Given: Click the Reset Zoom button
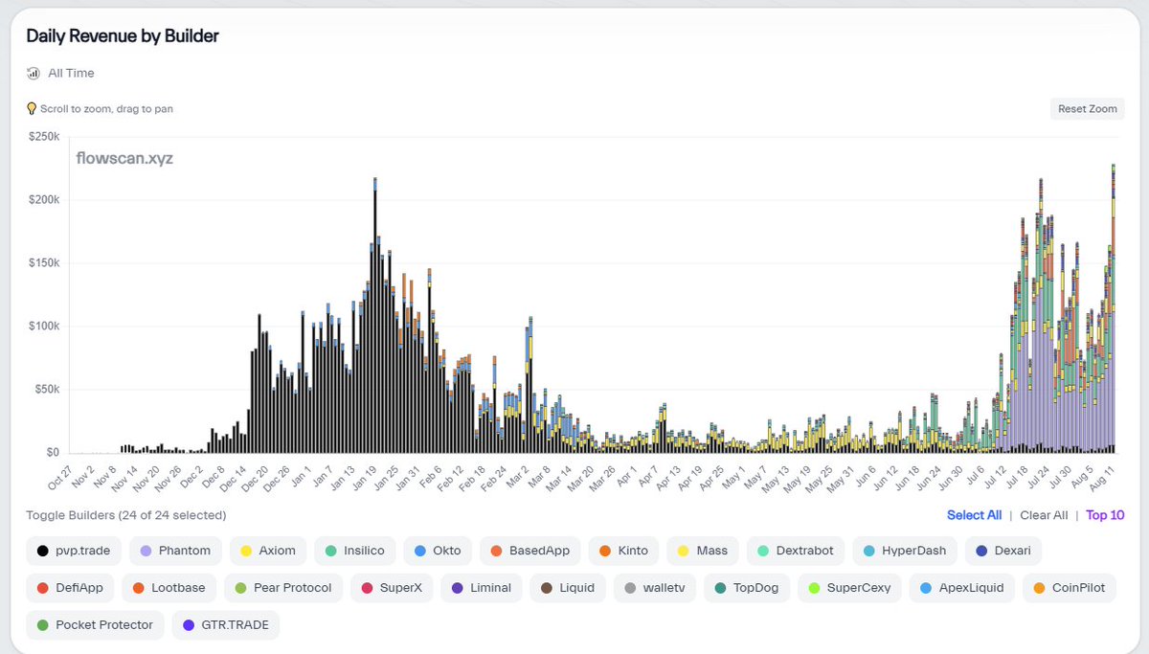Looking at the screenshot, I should click(x=1087, y=109).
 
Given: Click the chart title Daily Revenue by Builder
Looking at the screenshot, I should click(x=123, y=36).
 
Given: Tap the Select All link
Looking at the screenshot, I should click(x=974, y=515).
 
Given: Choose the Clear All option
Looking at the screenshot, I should click(x=1044, y=515).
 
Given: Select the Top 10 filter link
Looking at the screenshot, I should click(x=1105, y=515).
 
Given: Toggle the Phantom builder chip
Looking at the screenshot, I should click(x=174, y=551).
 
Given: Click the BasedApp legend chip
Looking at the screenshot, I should click(x=532, y=551).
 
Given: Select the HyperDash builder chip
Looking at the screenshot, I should click(x=903, y=551).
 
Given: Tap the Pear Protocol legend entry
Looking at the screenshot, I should click(x=283, y=588).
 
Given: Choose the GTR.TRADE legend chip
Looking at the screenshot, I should click(x=226, y=625).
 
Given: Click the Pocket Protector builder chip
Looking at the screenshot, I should click(x=95, y=625).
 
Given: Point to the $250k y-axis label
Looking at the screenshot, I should click(x=43, y=137).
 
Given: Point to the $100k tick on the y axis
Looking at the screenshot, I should click(x=43, y=327).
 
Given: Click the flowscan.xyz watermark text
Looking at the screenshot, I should click(x=124, y=159).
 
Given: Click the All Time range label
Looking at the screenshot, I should click(x=71, y=73).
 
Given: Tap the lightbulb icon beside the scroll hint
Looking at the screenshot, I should click(x=32, y=109).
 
